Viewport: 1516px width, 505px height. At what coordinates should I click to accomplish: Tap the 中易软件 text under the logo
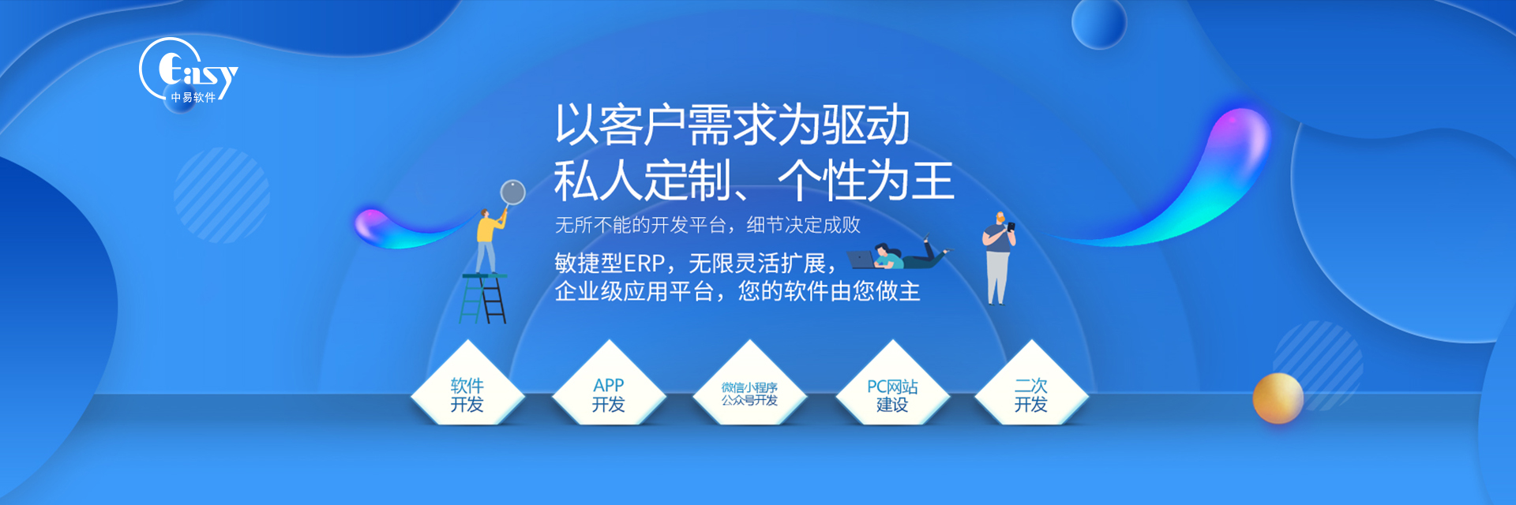(193, 98)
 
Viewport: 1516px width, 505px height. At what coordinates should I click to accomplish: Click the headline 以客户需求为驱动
(732, 125)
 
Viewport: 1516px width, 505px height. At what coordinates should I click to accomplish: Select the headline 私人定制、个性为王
(754, 181)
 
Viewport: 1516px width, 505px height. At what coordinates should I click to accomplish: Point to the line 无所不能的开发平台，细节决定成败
(707, 225)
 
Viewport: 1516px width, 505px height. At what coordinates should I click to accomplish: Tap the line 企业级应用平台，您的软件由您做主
(737, 291)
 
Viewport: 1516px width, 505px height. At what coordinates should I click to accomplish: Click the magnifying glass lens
(513, 192)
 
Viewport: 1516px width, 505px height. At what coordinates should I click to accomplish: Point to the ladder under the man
(484, 299)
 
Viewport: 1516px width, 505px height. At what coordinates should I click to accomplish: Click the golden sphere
(1278, 398)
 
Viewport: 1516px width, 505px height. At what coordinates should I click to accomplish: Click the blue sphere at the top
(1098, 22)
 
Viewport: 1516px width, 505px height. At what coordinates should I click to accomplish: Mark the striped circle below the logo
(222, 195)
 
